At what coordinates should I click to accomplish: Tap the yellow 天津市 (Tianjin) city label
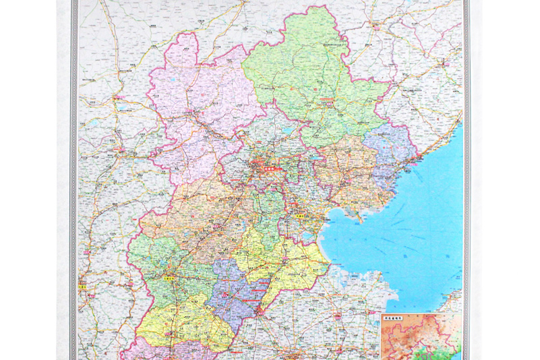coord(302,217)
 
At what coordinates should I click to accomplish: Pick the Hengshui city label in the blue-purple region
coord(250,297)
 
